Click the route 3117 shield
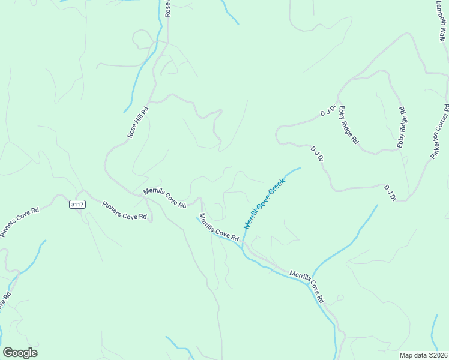[x=77, y=205]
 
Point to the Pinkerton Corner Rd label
[x=440, y=131]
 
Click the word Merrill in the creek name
[x=252, y=218]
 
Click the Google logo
[x=20, y=353]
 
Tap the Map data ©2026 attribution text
[x=423, y=355]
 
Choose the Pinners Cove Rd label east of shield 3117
[x=124, y=210]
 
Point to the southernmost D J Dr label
[x=390, y=193]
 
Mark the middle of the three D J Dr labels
[x=317, y=154]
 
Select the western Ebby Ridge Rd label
[x=348, y=125]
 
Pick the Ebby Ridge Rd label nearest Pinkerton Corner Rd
[x=402, y=128]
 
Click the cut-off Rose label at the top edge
[x=168, y=8]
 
